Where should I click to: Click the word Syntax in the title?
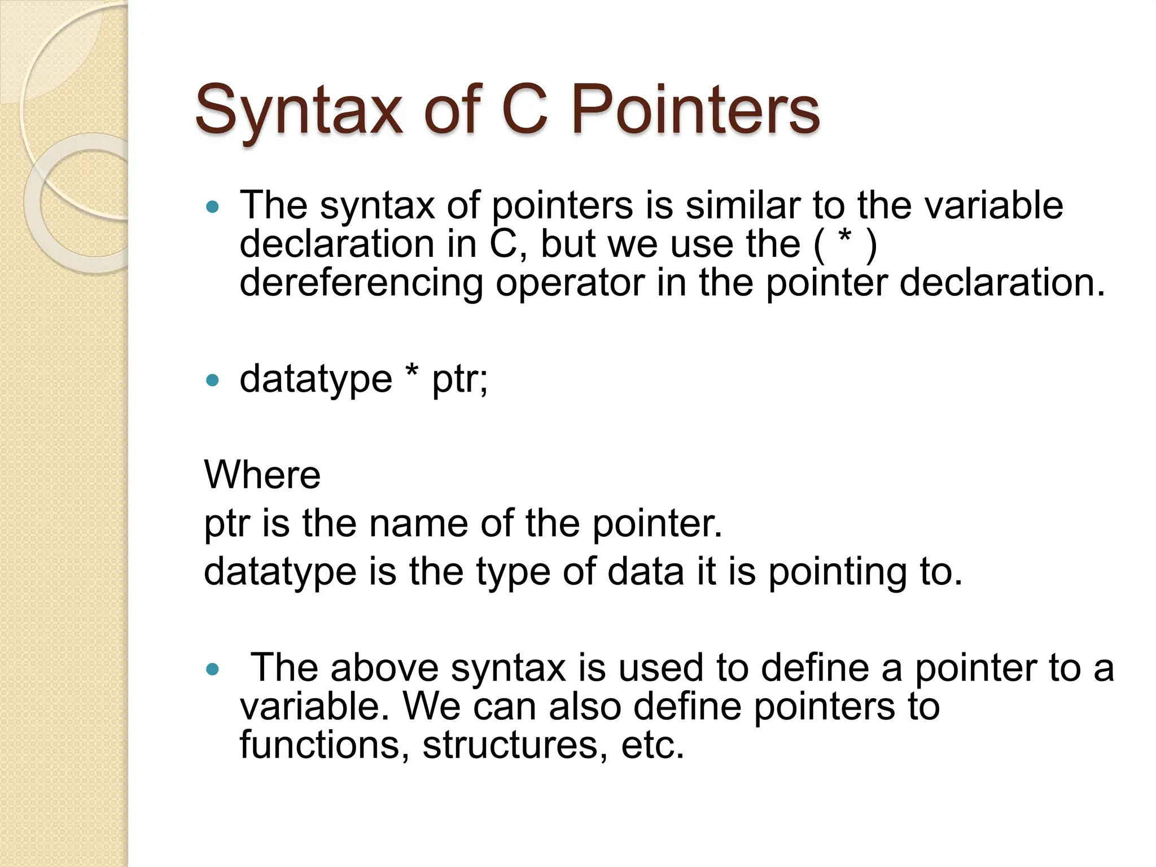299,110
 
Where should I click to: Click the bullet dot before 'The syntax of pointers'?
212,207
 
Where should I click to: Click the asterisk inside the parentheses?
845,239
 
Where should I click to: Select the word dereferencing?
361,283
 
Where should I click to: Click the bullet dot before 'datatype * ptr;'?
212,381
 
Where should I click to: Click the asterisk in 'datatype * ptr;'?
412,373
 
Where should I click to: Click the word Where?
262,475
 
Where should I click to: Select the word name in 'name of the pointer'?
418,524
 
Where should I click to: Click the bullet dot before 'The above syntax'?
212,670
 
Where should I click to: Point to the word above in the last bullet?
384,668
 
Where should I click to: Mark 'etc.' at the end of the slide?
653,745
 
